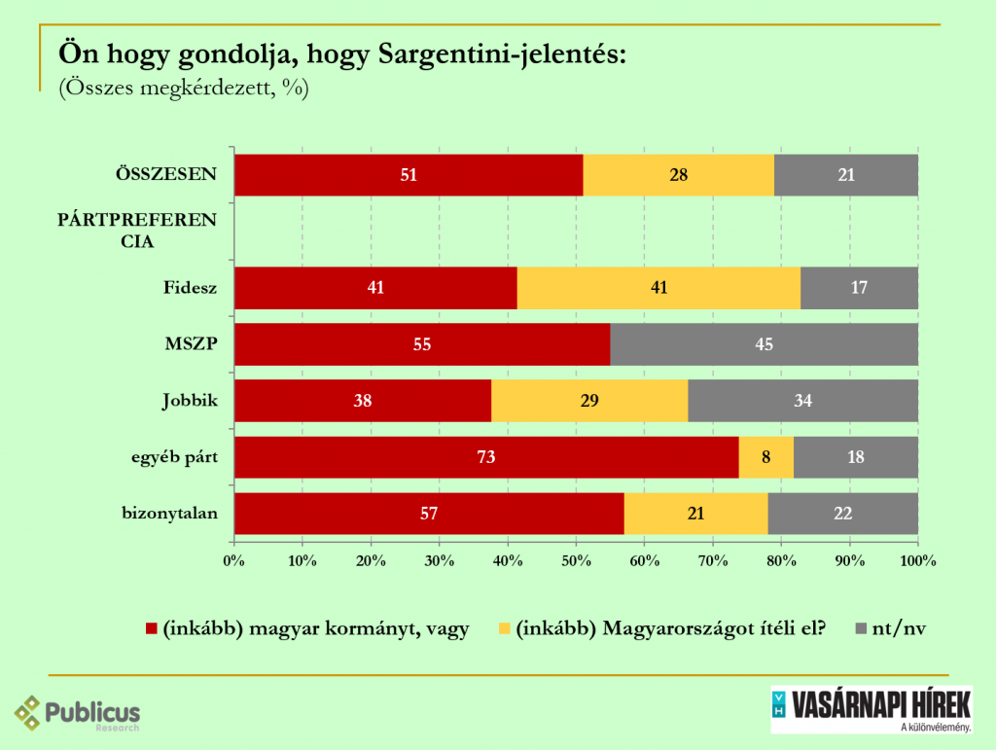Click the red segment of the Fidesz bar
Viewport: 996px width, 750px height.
coord(375,288)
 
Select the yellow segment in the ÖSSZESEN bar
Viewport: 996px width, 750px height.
coord(679,175)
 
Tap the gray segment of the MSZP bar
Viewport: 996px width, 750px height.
coord(764,344)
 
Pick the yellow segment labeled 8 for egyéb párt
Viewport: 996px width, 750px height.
coord(766,457)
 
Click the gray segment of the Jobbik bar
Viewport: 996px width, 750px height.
coord(802,401)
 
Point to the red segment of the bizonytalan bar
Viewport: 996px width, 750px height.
coord(429,514)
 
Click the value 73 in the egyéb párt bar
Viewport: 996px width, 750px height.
coord(486,457)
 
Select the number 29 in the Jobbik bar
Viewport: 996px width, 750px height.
coord(589,401)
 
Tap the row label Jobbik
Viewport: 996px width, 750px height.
coord(190,401)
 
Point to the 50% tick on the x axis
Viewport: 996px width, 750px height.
coord(576,560)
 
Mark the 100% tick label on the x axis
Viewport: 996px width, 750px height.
coord(918,560)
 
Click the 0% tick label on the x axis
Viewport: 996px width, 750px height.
coord(233,560)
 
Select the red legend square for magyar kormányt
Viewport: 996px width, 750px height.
coord(151,628)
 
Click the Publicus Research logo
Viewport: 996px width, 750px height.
coord(78,714)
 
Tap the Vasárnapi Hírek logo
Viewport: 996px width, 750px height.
coord(871,710)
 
